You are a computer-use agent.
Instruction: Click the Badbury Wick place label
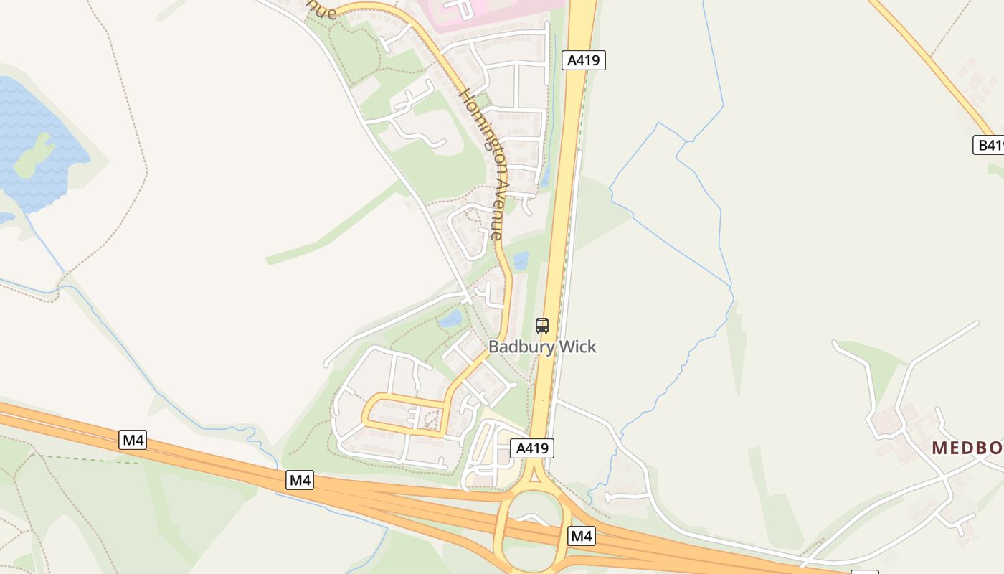[x=542, y=347]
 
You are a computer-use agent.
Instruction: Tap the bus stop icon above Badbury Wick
[x=542, y=326]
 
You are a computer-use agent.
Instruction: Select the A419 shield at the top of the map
[x=583, y=60]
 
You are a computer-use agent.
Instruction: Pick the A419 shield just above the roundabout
[x=532, y=448]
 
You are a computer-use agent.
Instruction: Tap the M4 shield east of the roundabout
[x=582, y=535]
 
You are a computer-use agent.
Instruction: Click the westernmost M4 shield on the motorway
[x=133, y=440]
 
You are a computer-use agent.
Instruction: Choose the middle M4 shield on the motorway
[x=300, y=480]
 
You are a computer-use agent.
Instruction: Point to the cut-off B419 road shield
[x=989, y=145]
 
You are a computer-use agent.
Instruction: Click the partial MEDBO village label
[x=967, y=448]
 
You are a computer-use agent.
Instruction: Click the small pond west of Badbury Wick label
[x=450, y=319]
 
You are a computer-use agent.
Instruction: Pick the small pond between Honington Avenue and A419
[x=521, y=260]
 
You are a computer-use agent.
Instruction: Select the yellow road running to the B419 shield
[x=932, y=65]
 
